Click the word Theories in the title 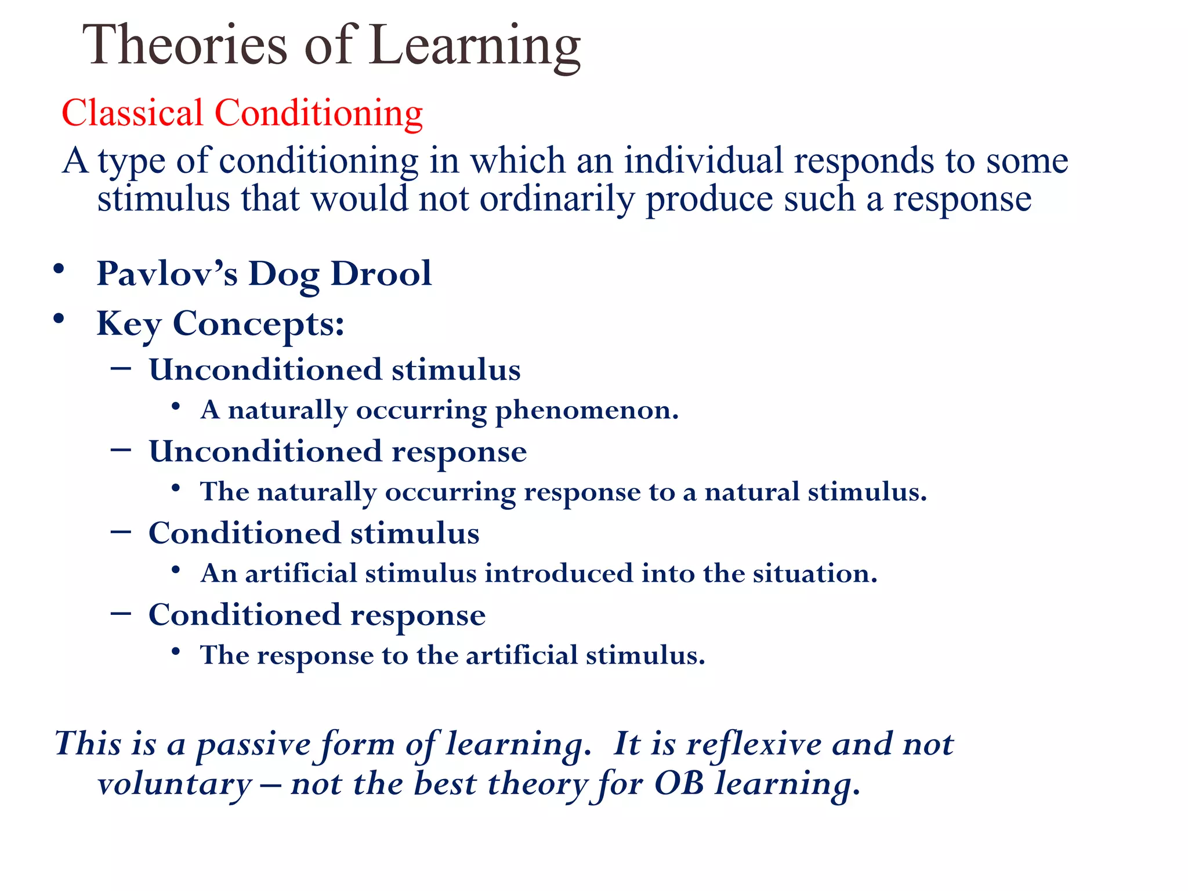pyautogui.click(x=185, y=45)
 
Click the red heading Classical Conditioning pyautogui.click(x=242, y=113)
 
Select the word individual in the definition pyautogui.click(x=703, y=161)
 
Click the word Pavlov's pyautogui.click(x=166, y=273)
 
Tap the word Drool pyautogui.click(x=381, y=273)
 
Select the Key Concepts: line pyautogui.click(x=220, y=324)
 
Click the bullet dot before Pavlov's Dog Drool pyautogui.click(x=58, y=269)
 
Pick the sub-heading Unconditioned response pyautogui.click(x=338, y=452)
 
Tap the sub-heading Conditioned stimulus pyautogui.click(x=314, y=533)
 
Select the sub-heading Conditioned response pyautogui.click(x=317, y=615)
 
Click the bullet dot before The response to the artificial pyautogui.click(x=176, y=651)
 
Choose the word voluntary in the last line pyautogui.click(x=174, y=785)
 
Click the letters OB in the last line pyautogui.click(x=678, y=784)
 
